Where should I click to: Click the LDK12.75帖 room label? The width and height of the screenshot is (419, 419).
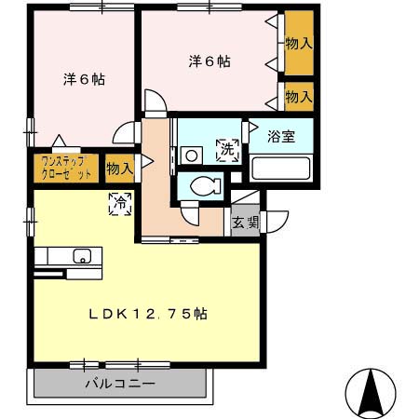[x=148, y=314]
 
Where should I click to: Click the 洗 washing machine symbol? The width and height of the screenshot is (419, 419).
[x=226, y=147]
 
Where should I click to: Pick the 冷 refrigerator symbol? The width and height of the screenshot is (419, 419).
[x=120, y=202]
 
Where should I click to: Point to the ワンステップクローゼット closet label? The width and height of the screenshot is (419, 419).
[x=65, y=168]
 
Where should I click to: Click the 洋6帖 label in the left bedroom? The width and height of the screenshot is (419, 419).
[x=84, y=79]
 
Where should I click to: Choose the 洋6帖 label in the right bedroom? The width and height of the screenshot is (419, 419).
[x=209, y=61]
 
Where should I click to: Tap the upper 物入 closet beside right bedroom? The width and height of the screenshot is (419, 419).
[x=299, y=43]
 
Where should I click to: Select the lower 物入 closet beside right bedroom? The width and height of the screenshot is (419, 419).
[x=299, y=96]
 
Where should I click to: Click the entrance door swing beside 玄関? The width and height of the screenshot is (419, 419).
[x=276, y=222]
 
